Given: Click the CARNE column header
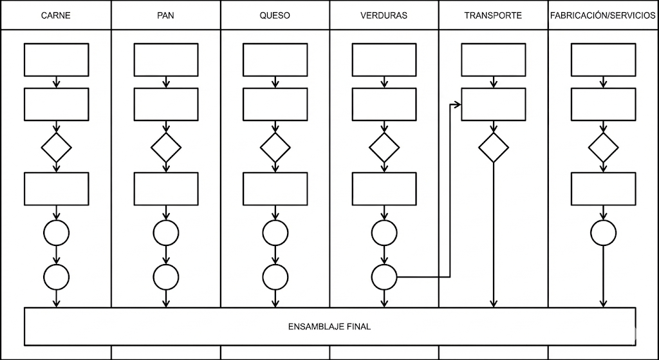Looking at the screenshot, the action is tap(56, 16).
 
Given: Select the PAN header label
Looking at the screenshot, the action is tap(166, 16).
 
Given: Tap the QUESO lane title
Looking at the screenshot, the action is tap(275, 16).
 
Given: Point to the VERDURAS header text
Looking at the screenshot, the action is tap(384, 16).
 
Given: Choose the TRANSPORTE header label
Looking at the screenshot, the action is tap(493, 16).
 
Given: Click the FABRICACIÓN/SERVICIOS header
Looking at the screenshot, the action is tap(603, 16).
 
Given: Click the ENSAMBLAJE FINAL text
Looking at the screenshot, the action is tap(329, 327).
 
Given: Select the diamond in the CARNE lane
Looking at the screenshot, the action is tap(57, 147).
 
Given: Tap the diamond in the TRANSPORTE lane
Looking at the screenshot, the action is tap(494, 147).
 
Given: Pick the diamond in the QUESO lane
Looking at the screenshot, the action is tap(275, 147).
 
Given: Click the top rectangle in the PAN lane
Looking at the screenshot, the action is tap(166, 60).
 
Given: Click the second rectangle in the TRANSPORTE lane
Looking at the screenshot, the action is tap(494, 104).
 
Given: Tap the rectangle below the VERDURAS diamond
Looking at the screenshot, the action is tap(384, 189).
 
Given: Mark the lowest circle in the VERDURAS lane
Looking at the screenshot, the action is tap(384, 277).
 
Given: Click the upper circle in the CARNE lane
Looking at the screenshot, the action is tap(57, 232).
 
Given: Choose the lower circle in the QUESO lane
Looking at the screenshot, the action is tap(275, 277).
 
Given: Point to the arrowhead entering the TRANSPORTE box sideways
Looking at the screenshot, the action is tap(459, 105).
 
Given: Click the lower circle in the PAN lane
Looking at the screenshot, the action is tap(166, 277).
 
